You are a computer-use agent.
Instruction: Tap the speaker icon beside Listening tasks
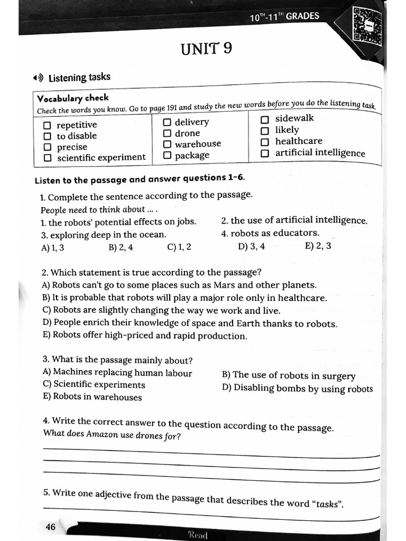38,79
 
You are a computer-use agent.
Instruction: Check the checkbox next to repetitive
48,125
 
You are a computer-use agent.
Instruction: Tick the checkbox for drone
168,133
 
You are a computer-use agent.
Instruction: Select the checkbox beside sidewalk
265,119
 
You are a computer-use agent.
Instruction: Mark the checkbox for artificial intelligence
265,153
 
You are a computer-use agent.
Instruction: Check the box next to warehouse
168,144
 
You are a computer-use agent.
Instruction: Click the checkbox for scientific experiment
48,158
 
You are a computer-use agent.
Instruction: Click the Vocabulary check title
72,98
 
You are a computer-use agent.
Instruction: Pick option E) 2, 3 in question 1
318,246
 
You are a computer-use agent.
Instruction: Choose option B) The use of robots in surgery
289,375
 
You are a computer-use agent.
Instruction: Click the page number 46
51,527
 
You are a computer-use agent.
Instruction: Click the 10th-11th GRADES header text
285,16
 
